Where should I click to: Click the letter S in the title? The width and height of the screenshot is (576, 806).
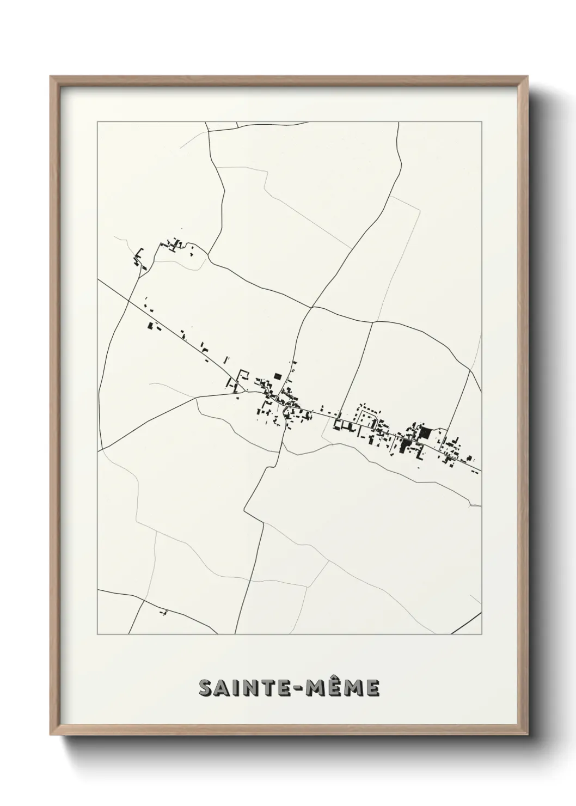[x=207, y=688]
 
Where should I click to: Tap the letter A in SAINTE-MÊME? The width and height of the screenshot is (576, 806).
[x=223, y=688]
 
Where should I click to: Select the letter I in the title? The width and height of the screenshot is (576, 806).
[x=237, y=688]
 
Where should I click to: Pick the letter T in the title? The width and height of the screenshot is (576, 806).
[x=267, y=688]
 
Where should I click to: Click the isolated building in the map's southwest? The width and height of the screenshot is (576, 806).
[x=163, y=613]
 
